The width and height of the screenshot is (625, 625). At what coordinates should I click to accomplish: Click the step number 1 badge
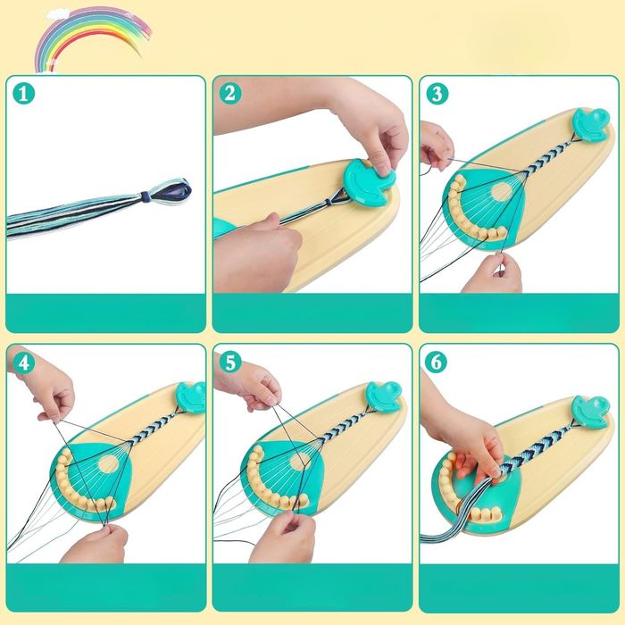pos(23,94)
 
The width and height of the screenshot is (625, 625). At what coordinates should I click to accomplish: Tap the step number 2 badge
pos(230,94)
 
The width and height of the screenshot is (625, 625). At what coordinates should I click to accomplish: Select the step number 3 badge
pos(437,94)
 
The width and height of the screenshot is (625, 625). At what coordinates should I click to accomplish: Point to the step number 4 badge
pos(23,362)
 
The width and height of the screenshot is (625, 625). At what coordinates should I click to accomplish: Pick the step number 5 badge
pos(230,362)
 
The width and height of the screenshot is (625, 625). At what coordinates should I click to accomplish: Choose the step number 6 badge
pos(437,362)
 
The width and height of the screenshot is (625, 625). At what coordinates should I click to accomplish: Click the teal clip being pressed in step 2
pos(369,181)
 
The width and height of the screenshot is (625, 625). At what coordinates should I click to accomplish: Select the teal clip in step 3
pos(591,123)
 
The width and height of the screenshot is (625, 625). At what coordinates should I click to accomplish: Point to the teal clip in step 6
pos(591,412)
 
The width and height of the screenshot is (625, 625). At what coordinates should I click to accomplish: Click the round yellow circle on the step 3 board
pos(502,192)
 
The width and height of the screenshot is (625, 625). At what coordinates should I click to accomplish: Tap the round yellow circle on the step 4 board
pos(108,464)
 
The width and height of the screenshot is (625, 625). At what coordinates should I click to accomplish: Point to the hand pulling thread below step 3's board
pos(492,273)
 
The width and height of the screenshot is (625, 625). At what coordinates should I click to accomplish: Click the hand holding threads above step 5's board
pos(250,385)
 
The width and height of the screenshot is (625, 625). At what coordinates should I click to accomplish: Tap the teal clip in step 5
pos(383,396)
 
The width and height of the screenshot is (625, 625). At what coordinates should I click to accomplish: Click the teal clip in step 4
pos(191,396)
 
